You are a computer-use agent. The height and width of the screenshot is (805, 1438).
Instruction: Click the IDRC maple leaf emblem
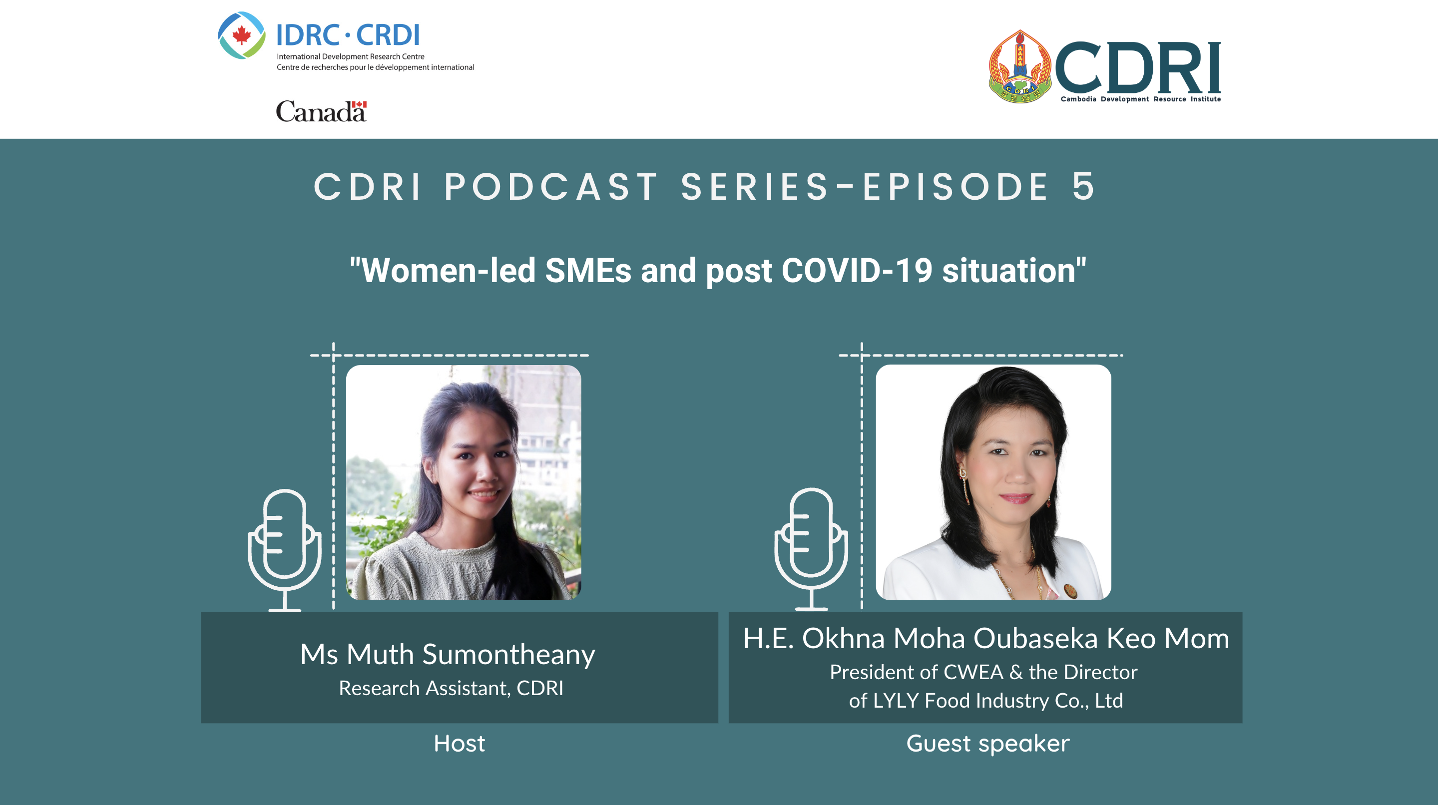tap(241, 35)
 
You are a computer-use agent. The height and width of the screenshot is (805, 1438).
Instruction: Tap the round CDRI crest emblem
tap(1020, 66)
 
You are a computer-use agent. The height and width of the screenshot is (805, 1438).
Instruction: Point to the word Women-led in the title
tap(449, 271)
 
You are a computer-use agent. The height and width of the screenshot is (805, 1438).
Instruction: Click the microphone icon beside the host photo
tap(285, 550)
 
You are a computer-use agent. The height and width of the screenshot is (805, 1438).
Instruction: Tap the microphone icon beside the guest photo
tap(811, 549)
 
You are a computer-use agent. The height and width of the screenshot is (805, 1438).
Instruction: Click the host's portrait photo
tap(464, 482)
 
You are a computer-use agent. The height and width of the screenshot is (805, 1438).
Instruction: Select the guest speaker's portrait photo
tap(993, 482)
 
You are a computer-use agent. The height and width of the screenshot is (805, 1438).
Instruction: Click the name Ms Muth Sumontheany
tap(448, 654)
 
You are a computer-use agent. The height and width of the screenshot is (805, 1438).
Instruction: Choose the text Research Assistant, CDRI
tap(451, 688)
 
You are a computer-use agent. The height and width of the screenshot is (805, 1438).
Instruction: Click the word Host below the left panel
tap(460, 743)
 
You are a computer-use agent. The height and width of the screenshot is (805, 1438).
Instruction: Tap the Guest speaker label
tap(987, 744)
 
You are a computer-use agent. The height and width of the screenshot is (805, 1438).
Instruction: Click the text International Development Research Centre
tap(351, 56)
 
